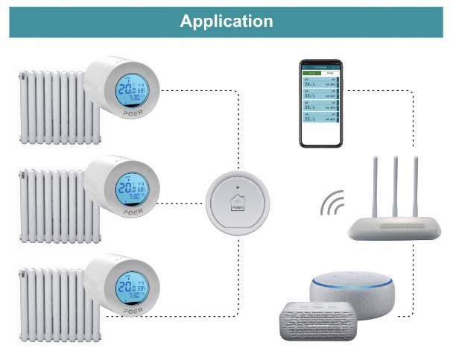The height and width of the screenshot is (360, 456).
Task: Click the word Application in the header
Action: (x=227, y=21)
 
